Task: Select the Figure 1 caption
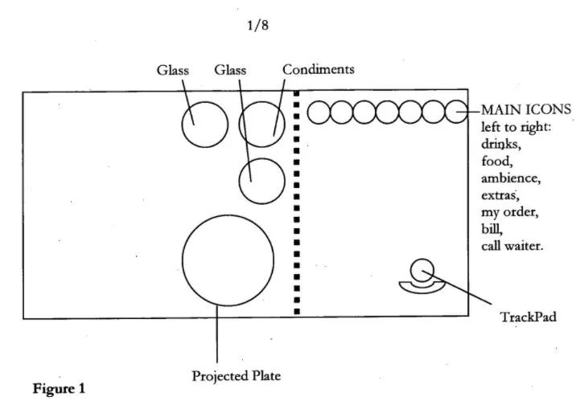58,388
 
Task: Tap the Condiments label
318,70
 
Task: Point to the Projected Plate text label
236,374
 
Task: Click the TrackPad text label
528,317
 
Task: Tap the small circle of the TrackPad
422,270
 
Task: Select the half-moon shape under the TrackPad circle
422,284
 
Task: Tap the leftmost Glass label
173,70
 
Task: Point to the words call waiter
512,245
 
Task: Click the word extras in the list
500,194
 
